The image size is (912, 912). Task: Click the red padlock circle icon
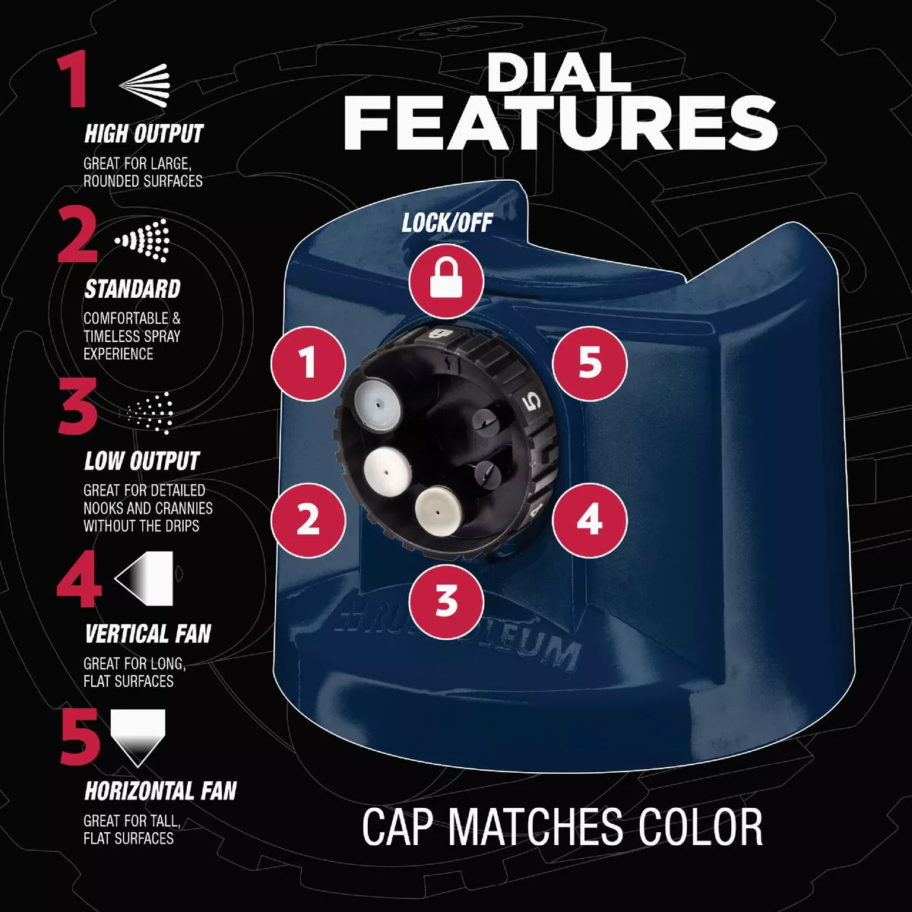446,282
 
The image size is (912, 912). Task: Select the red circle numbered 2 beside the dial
308,520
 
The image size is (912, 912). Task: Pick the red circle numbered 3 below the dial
446,602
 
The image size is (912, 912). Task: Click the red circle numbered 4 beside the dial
590,520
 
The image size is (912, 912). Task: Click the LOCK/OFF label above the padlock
447,223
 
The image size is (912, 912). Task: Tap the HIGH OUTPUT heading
144,134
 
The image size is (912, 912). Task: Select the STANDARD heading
132,289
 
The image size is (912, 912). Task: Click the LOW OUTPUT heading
142,461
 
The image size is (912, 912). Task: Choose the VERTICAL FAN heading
147,634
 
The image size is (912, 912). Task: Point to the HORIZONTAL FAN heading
160,791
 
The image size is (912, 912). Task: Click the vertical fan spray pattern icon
144,578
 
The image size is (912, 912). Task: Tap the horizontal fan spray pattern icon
138,737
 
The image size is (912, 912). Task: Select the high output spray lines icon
144,85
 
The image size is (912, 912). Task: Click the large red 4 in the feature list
79,579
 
